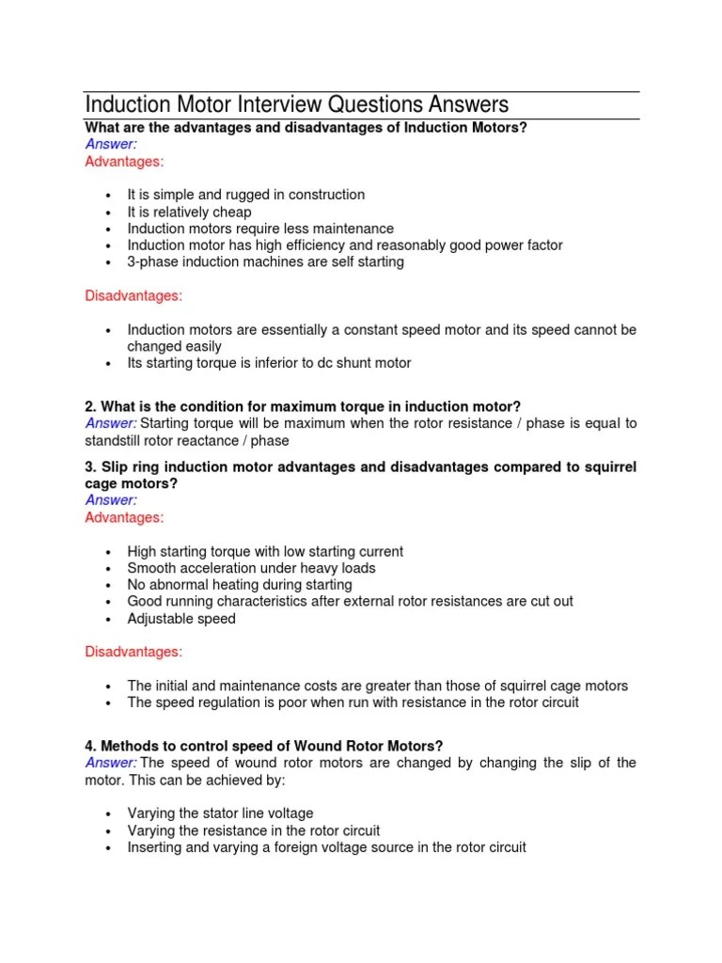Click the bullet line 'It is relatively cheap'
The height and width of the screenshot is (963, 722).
tap(189, 212)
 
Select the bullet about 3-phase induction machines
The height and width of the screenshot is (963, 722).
tap(265, 262)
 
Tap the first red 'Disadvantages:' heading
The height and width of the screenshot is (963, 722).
tap(133, 296)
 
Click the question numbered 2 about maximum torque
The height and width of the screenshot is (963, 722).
tap(302, 406)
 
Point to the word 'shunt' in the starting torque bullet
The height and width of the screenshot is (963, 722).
tap(350, 363)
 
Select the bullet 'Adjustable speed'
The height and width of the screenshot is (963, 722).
tap(181, 619)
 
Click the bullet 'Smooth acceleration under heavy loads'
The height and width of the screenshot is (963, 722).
tap(251, 568)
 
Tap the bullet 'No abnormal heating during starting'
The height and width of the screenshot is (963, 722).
tap(240, 585)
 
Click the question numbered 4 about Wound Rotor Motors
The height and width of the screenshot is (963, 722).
tap(263, 746)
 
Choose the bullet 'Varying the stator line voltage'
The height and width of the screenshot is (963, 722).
tap(220, 813)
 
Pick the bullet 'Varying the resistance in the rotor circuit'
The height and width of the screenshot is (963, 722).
tap(254, 830)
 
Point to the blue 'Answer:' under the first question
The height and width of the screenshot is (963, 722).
tap(111, 144)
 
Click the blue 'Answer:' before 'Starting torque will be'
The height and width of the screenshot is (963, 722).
tap(111, 423)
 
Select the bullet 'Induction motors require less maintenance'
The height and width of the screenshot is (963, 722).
tap(260, 229)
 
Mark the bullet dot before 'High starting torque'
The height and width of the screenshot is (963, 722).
tap(109, 552)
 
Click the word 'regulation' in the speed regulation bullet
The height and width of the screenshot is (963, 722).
tap(232, 703)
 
